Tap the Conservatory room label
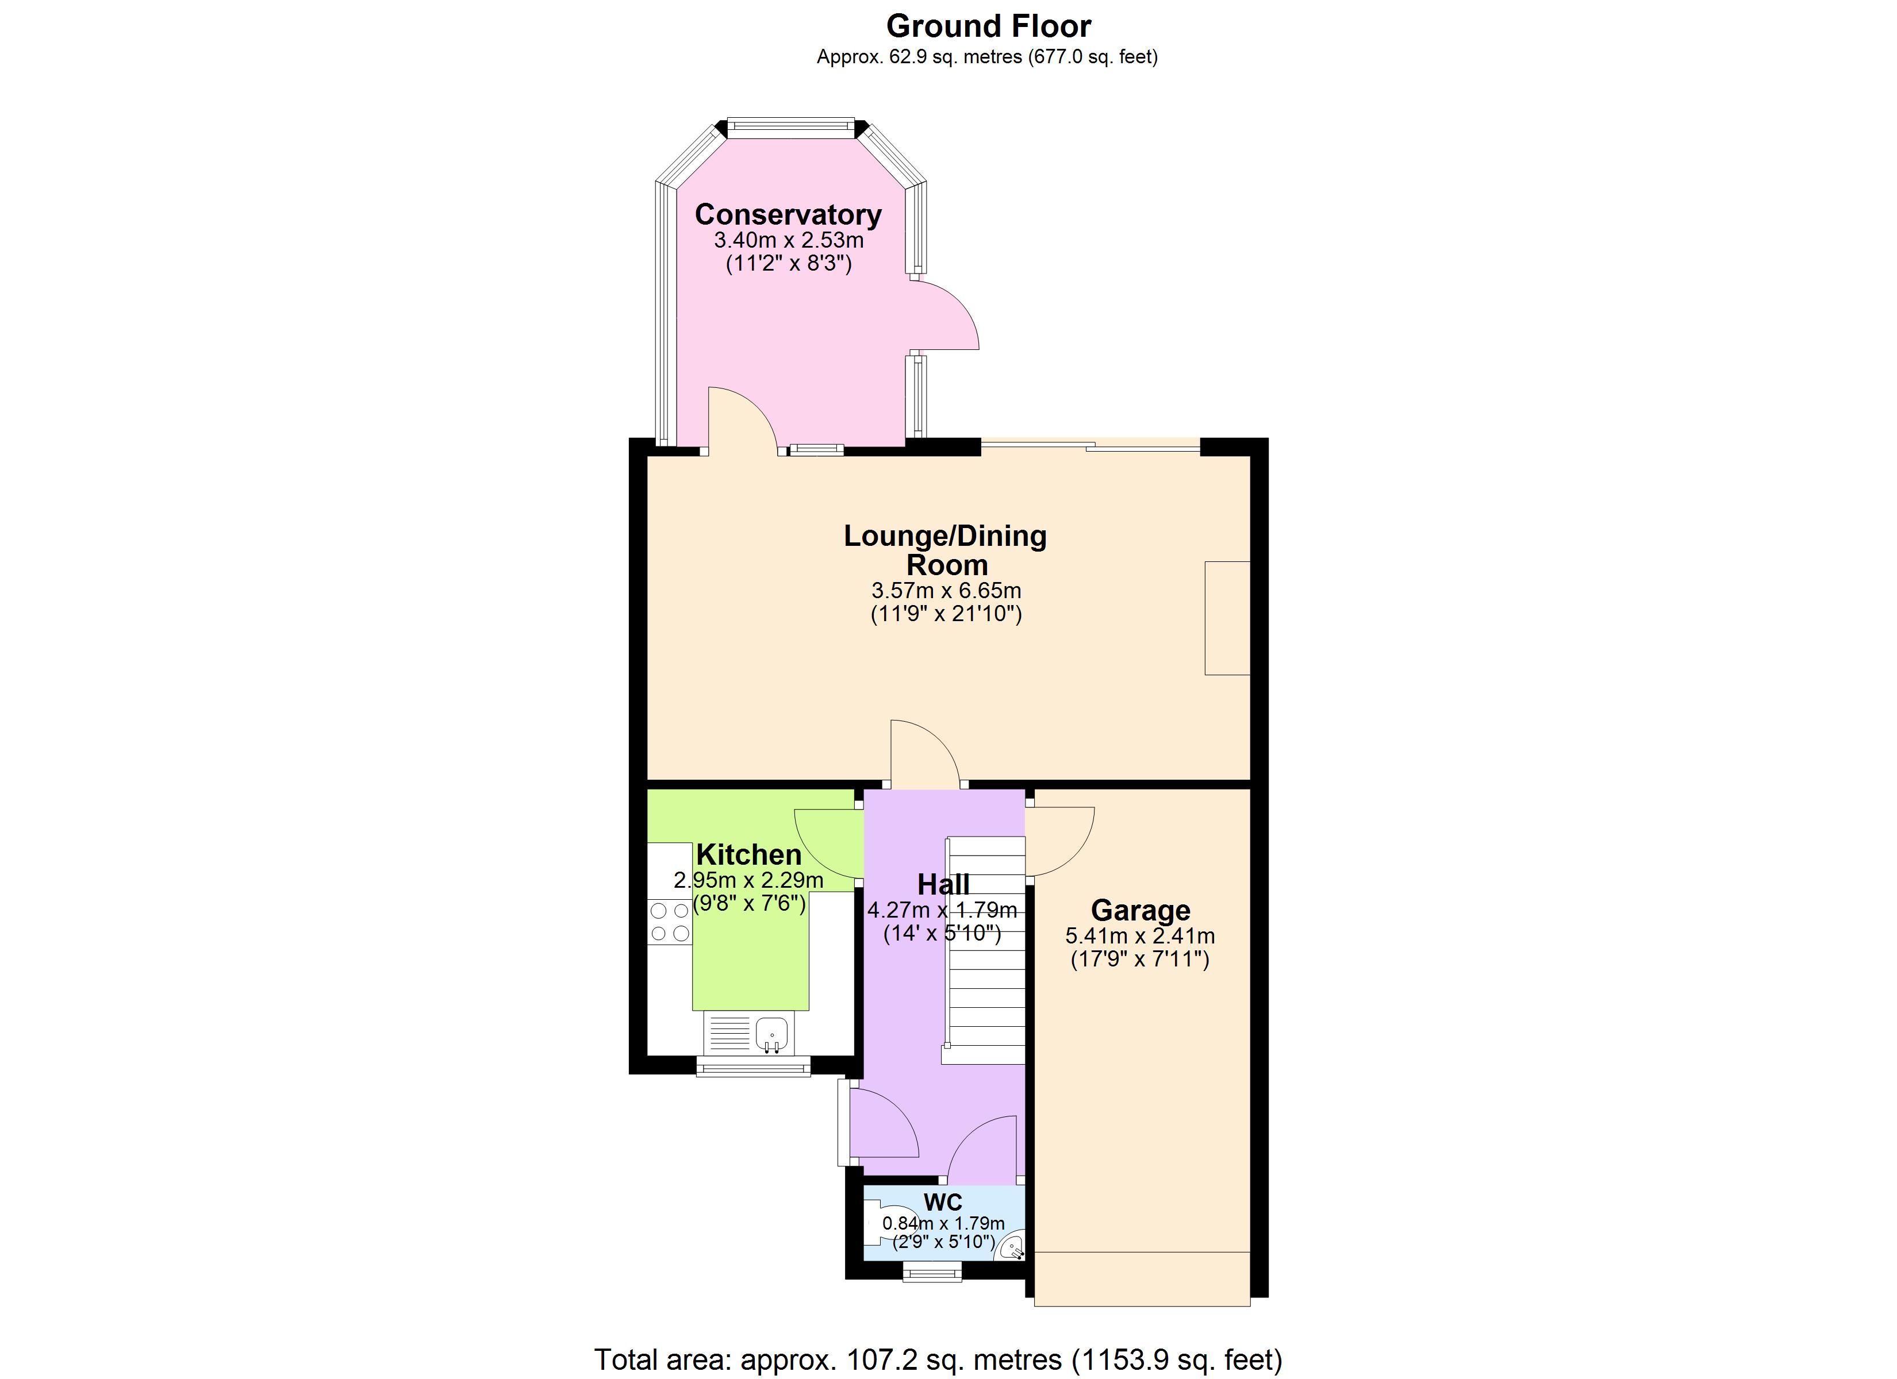point(788,215)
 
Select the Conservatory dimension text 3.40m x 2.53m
point(788,241)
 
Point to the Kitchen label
point(748,854)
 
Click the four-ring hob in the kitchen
point(670,922)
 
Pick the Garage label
point(1140,910)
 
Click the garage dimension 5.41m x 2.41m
point(1140,937)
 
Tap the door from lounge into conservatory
point(742,423)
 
